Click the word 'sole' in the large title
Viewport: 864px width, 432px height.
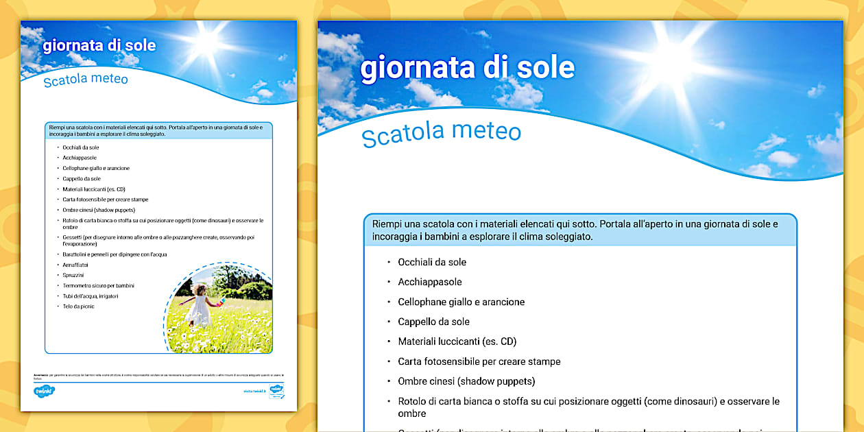[x=546, y=68]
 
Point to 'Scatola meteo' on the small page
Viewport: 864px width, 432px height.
[x=86, y=80]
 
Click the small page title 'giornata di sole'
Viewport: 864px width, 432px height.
[x=99, y=46]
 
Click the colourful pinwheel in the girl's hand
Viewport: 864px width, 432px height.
[x=219, y=303]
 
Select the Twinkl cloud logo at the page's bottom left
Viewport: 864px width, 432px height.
[x=44, y=392]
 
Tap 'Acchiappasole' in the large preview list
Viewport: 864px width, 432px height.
[x=430, y=282]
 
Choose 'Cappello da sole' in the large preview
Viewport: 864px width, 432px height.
[x=433, y=322]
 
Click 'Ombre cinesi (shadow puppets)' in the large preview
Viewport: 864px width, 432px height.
[x=466, y=381]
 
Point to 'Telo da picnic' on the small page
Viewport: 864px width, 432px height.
[x=79, y=307]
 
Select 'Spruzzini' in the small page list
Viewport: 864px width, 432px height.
[x=74, y=275]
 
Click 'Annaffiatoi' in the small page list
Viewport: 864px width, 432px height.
[x=76, y=265]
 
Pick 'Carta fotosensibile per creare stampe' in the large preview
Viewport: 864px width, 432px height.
[x=479, y=361]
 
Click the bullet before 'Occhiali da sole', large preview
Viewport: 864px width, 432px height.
[x=388, y=262]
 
